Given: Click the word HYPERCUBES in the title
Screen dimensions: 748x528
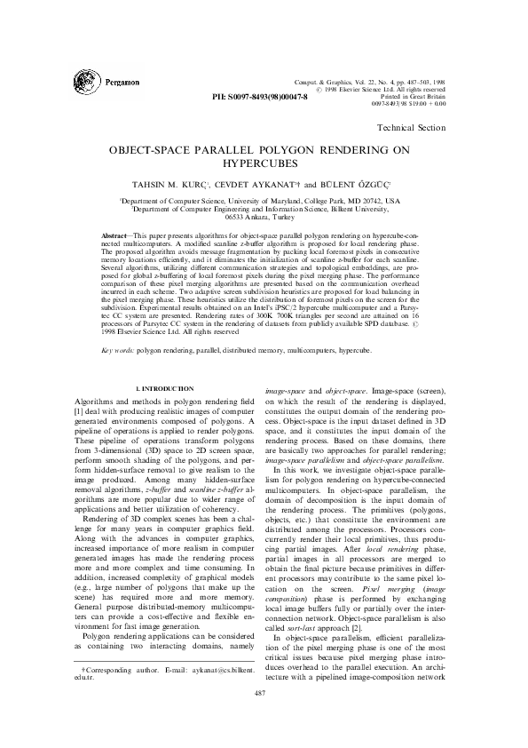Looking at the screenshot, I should pyautogui.click(x=264, y=164).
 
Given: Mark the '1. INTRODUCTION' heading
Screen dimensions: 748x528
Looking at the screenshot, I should pyautogui.click(x=163, y=390).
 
